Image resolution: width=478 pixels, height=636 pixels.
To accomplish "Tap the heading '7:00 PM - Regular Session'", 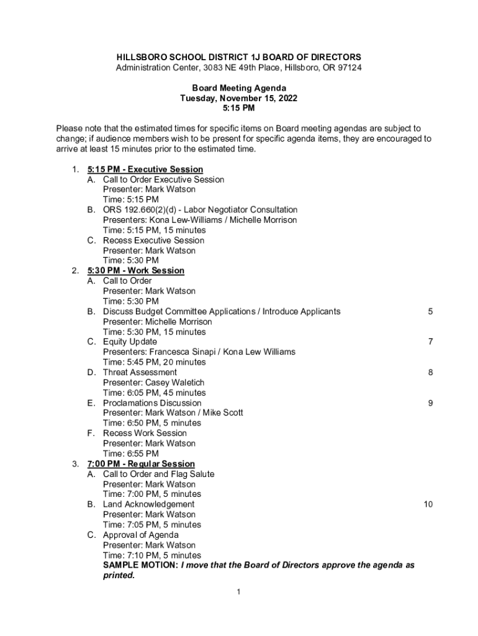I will (x=141, y=464).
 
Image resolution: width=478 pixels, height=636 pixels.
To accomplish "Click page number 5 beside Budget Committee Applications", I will (x=430, y=311).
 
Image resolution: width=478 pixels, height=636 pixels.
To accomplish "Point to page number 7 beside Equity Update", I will (x=430, y=342).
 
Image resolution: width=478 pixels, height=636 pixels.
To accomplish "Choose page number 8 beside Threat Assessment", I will (x=430, y=372).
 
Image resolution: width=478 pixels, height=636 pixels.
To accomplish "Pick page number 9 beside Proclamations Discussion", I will (x=430, y=402).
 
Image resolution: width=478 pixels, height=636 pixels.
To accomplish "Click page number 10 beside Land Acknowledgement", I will (x=428, y=504).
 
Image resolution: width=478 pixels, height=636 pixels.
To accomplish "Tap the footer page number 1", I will (x=238, y=592).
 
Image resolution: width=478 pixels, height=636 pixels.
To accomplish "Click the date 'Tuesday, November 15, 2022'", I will (x=239, y=98).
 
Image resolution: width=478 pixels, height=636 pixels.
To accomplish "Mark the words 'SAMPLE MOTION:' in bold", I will (x=140, y=565).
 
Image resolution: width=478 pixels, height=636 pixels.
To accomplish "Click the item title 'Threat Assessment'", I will (x=140, y=373).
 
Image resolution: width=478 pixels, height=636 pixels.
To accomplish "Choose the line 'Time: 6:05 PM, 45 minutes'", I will (x=155, y=393).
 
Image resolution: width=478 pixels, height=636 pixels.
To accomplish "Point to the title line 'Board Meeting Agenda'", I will (x=239, y=88).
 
